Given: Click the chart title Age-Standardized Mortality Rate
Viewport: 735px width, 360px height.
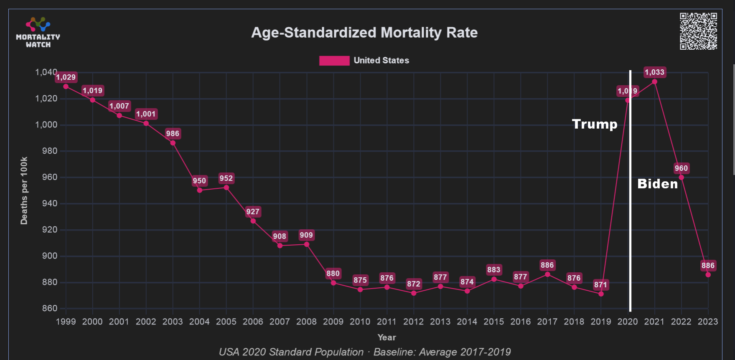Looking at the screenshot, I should click(x=364, y=33).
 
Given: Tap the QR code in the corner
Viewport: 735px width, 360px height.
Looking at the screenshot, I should click(x=698, y=31).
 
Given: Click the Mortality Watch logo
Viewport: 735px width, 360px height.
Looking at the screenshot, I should click(x=38, y=33).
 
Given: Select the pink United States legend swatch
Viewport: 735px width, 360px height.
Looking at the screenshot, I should click(x=334, y=61).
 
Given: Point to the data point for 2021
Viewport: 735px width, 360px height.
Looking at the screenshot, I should click(x=654, y=82).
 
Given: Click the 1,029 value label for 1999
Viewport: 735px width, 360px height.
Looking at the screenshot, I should click(x=66, y=77).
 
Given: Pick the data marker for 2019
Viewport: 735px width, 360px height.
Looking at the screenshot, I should click(x=601, y=294).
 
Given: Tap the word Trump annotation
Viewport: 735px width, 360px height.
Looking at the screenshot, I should click(x=594, y=124).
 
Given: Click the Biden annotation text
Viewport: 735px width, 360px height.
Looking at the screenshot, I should click(x=657, y=184).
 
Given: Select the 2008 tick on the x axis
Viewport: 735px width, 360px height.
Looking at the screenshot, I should click(x=306, y=322).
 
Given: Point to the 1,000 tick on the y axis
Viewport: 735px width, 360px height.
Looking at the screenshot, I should click(x=46, y=125).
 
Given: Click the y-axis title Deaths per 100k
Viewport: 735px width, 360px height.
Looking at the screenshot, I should click(x=24, y=190).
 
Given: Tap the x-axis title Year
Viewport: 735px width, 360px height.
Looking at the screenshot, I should click(x=387, y=337).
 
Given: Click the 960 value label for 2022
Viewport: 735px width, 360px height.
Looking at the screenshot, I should click(x=681, y=168).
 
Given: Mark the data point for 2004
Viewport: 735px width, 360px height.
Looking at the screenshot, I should click(x=200, y=190).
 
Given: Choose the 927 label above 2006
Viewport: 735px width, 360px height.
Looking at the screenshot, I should click(x=253, y=212).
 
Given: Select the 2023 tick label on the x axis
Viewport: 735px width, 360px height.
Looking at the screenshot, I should click(x=707, y=322).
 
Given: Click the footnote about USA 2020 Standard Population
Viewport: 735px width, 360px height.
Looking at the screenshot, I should click(x=365, y=352).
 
